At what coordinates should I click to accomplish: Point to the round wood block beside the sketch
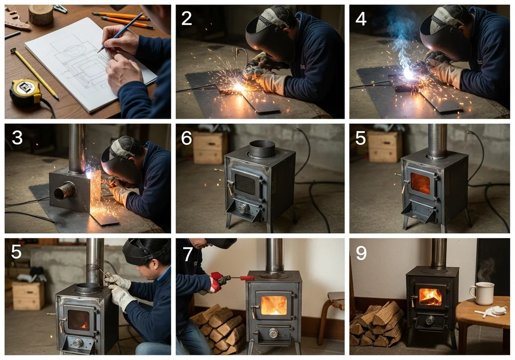pyautogui.click(x=41, y=15)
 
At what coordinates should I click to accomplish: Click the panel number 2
pyautogui.click(x=187, y=19)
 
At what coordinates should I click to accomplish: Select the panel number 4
pyautogui.click(x=361, y=19)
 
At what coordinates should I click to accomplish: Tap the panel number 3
pyautogui.click(x=17, y=137)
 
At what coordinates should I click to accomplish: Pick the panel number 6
pyautogui.click(x=187, y=138)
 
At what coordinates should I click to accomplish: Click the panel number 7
pyautogui.click(x=188, y=254)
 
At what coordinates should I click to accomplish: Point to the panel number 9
pyautogui.click(x=361, y=253)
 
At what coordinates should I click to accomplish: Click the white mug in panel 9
pyautogui.click(x=482, y=293)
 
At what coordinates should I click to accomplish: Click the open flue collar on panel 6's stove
pyautogui.click(x=262, y=149)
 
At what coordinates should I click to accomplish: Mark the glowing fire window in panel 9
pyautogui.click(x=431, y=297)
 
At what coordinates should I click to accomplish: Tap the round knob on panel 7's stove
pyautogui.click(x=273, y=333)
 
